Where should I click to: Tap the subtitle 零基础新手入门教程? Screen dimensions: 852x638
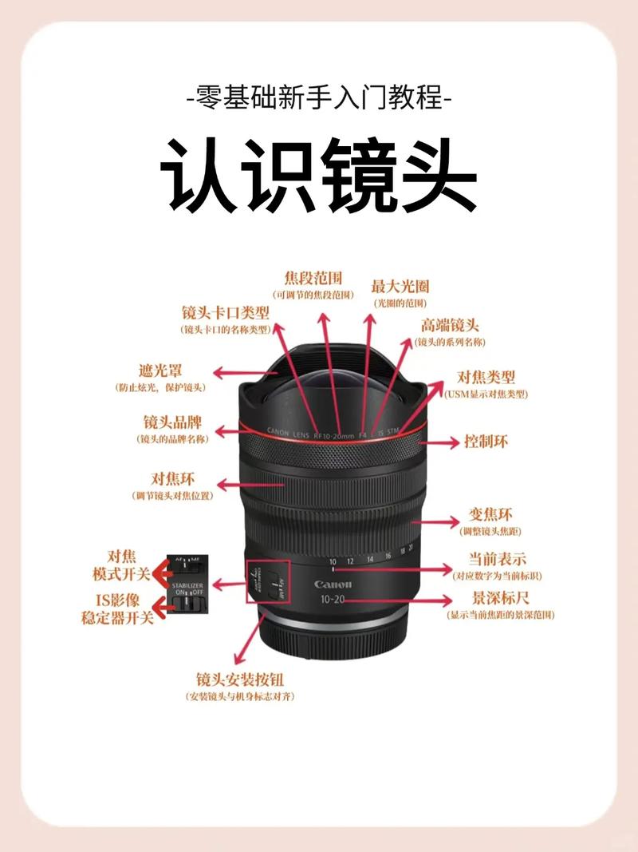pyautogui.click(x=319, y=100)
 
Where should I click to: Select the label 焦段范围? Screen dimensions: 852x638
pyautogui.click(x=313, y=278)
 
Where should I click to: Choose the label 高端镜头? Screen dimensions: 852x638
pyautogui.click(x=450, y=325)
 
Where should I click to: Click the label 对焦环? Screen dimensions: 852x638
pyautogui.click(x=173, y=479)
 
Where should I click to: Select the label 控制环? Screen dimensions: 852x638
pyautogui.click(x=486, y=441)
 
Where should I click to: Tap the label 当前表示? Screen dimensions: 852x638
pyautogui.click(x=497, y=560)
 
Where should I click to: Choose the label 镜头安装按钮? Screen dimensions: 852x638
pyautogui.click(x=240, y=680)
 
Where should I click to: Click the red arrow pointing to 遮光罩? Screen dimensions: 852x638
pyautogui.click(x=239, y=373)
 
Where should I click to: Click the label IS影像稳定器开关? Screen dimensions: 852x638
pyautogui.click(x=117, y=609)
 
